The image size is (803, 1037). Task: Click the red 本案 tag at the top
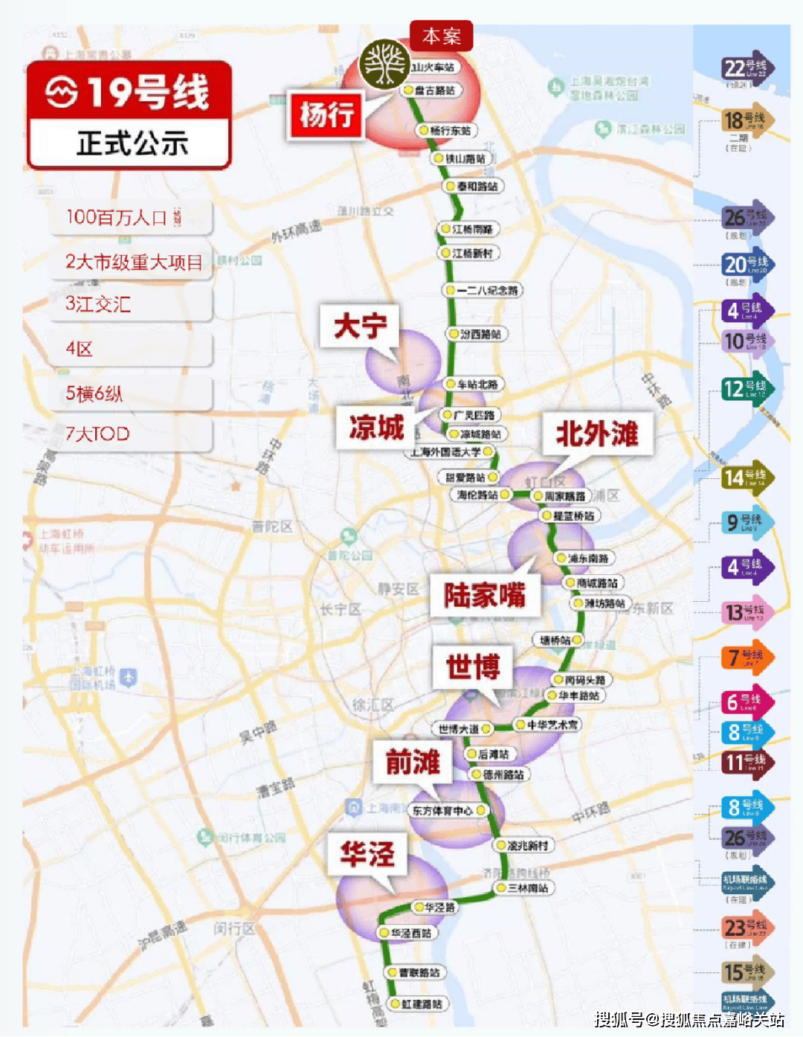pos(441,36)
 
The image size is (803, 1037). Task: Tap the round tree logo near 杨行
pos(384,64)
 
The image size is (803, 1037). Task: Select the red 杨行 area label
pos(326,115)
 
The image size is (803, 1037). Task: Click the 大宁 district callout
pos(360,326)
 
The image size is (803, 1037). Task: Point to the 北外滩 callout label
pos(597,433)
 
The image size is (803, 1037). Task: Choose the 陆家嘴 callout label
pos(485,595)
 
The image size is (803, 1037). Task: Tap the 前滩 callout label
pos(413,762)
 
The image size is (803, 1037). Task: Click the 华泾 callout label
pos(367,854)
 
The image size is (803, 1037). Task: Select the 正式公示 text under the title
pos(132,143)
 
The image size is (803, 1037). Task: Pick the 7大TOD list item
pos(97,434)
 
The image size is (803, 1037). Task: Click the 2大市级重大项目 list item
pos(134,262)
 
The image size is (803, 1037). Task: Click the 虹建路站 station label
pos(421,1004)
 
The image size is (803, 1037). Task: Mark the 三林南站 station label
pos(527,888)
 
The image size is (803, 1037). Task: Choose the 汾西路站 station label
pos(480,334)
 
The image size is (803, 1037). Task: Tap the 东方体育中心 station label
pos(442,811)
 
